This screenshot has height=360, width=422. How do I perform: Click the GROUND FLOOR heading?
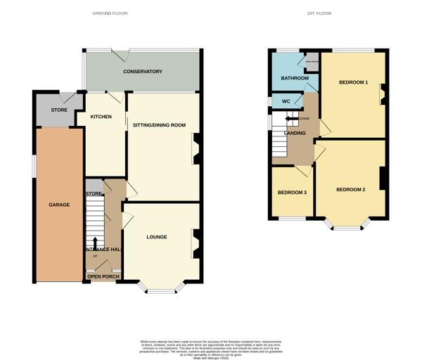[110, 13]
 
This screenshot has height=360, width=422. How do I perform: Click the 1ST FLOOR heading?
[319, 13]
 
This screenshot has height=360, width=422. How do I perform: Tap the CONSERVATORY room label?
[143, 72]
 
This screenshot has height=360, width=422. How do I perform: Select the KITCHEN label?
[101, 117]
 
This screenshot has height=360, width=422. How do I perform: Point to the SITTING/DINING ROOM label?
[159, 124]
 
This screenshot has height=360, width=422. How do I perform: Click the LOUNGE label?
[157, 237]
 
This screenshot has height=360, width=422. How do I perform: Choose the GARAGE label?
[59, 205]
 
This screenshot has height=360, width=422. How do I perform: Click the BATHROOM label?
[295, 78]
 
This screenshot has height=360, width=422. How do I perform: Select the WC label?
[286, 101]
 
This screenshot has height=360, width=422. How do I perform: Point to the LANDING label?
[295, 133]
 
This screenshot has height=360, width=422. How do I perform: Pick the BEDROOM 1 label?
[353, 82]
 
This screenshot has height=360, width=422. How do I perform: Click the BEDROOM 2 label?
[350, 190]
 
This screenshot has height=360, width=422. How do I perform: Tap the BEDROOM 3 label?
[292, 193]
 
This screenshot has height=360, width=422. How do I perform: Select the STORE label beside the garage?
[59, 110]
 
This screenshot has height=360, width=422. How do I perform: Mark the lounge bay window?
[160, 288]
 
